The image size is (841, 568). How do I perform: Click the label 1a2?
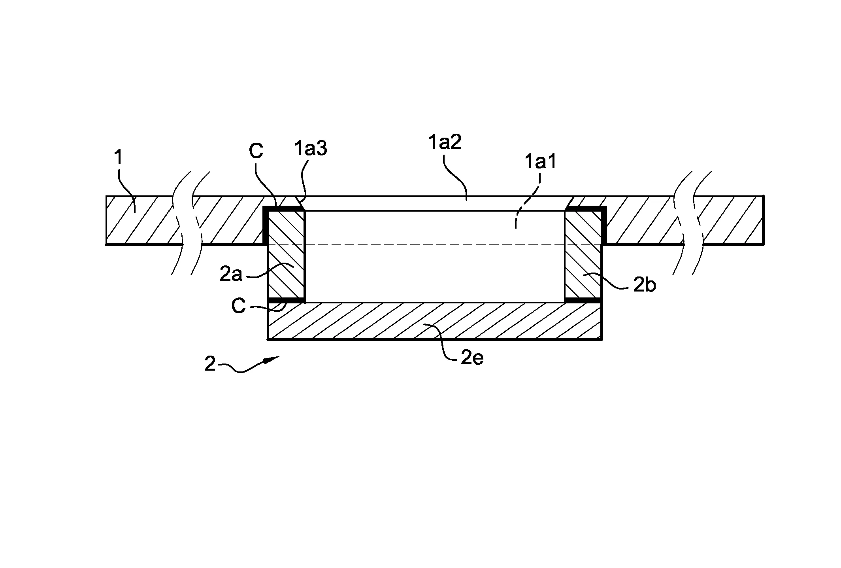[x=445, y=142]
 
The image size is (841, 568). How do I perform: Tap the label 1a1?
[x=540, y=162]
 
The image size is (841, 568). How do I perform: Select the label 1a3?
[x=311, y=149]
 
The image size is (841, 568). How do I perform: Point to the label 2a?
[x=231, y=274]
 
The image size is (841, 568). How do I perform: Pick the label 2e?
[x=472, y=358]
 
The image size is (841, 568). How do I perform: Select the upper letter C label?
[x=256, y=151]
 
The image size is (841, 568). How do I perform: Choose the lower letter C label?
[x=238, y=307]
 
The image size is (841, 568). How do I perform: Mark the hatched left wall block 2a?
[x=287, y=255]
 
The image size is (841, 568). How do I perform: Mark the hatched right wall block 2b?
[x=583, y=255]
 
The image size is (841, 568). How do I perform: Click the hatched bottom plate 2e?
[x=435, y=321]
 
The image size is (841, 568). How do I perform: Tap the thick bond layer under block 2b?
[x=583, y=301]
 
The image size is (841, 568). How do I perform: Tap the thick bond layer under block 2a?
[x=287, y=301]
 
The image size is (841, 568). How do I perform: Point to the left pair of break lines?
[x=191, y=223]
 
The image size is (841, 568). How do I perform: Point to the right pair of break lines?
[x=692, y=223]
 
